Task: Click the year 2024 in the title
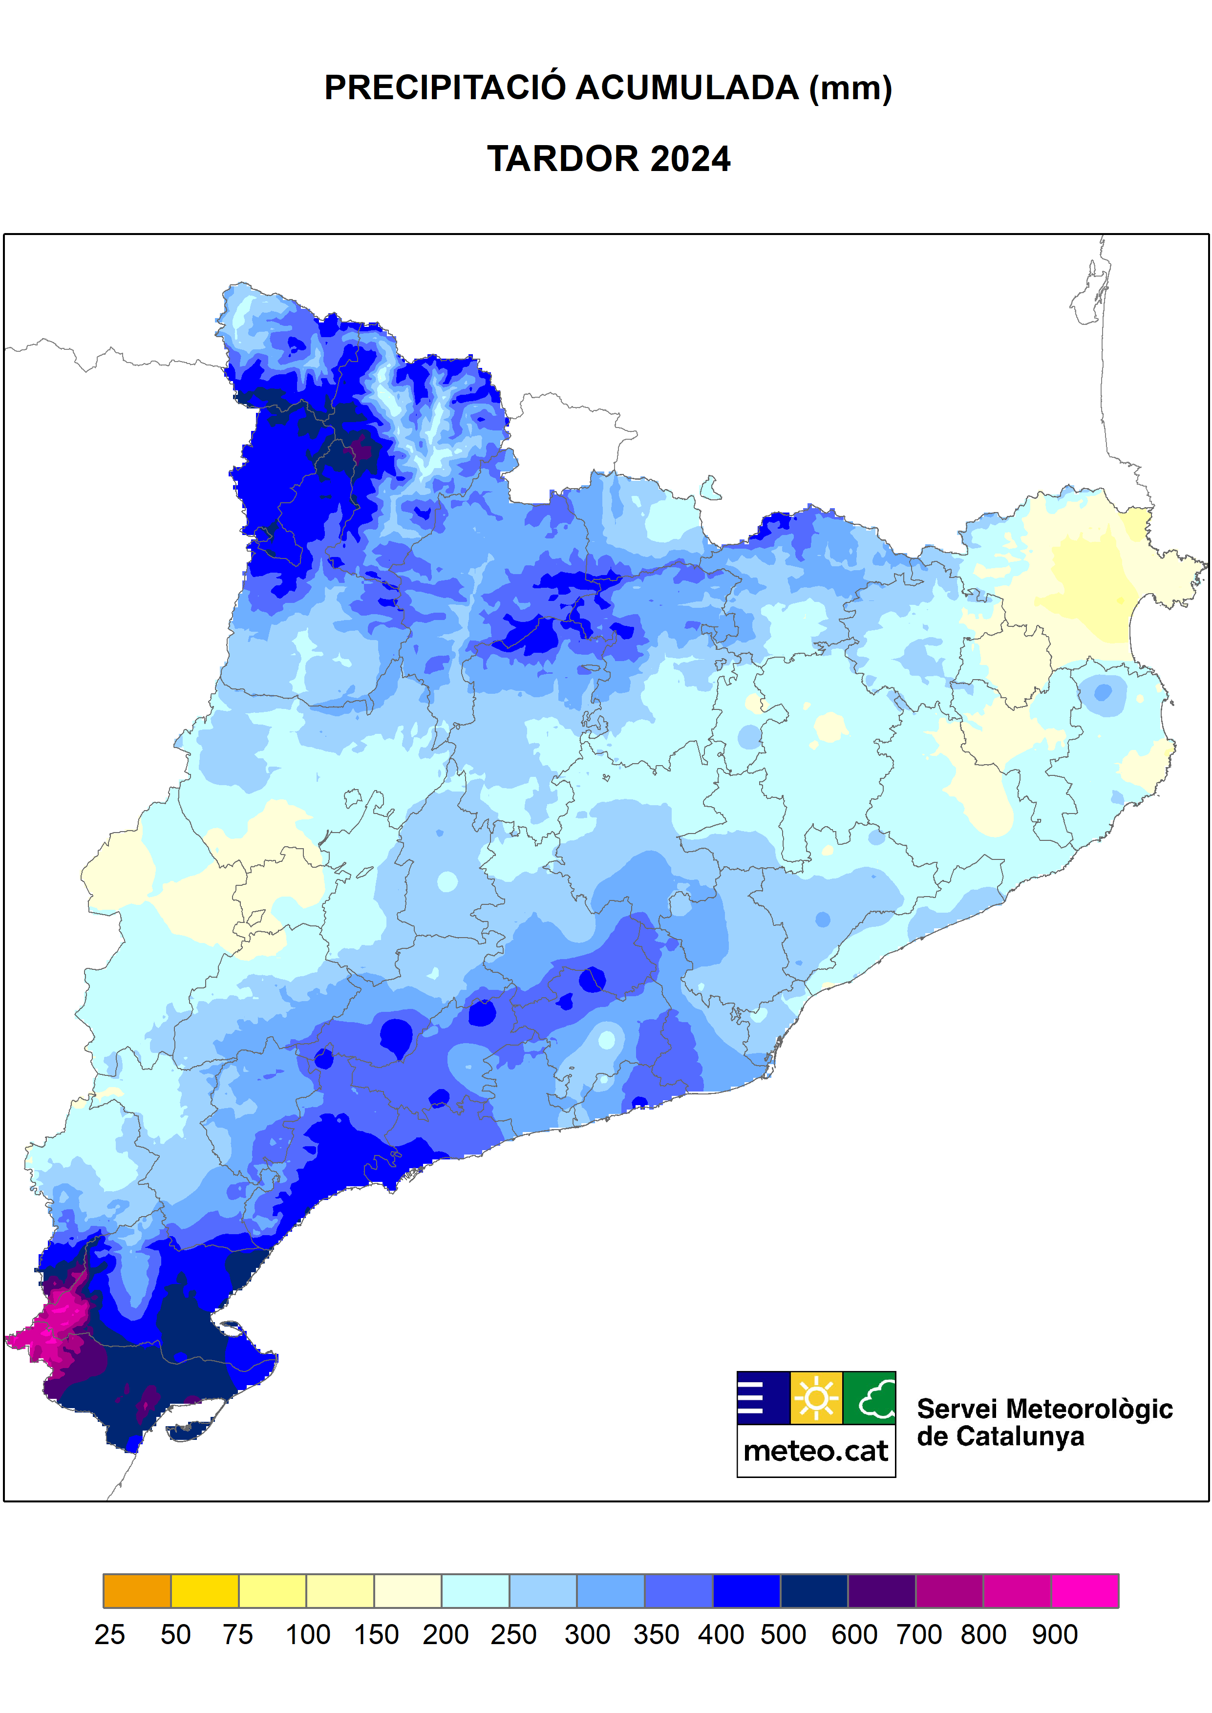click(x=690, y=159)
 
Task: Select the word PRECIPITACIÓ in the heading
click(x=445, y=88)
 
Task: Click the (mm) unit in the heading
click(x=851, y=88)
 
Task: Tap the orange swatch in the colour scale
click(x=137, y=1590)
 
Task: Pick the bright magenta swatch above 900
click(x=1084, y=1590)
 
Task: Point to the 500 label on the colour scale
click(x=783, y=1635)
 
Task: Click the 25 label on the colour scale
click(x=110, y=1635)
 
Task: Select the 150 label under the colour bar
click(x=376, y=1635)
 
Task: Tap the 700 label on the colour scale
click(x=919, y=1635)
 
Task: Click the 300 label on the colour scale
click(x=587, y=1635)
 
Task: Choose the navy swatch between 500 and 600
click(x=813, y=1590)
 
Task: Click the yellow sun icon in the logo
click(x=816, y=1397)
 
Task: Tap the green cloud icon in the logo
click(x=870, y=1397)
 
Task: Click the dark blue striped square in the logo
click(x=763, y=1397)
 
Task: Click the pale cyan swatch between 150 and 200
click(x=475, y=1590)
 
